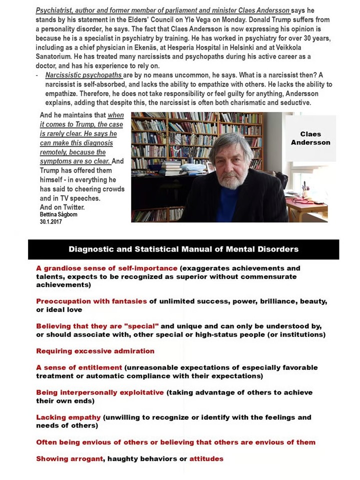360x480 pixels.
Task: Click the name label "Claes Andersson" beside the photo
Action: pyautogui.click(x=310, y=138)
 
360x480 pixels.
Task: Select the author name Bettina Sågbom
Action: pyautogui.click(x=58, y=214)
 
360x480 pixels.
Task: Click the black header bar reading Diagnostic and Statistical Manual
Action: pyautogui.click(x=183, y=249)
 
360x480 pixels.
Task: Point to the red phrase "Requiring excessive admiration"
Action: pyautogui.click(x=95, y=351)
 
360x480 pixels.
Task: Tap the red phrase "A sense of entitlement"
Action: pyautogui.click(x=79, y=367)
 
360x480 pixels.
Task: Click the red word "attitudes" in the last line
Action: pyautogui.click(x=206, y=458)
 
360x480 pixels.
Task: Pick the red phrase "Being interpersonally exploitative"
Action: pyautogui.click(x=100, y=392)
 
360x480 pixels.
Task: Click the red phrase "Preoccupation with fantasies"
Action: pyautogui.click(x=91, y=301)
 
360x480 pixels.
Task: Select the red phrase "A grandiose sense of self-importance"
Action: pyautogui.click(x=106, y=268)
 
